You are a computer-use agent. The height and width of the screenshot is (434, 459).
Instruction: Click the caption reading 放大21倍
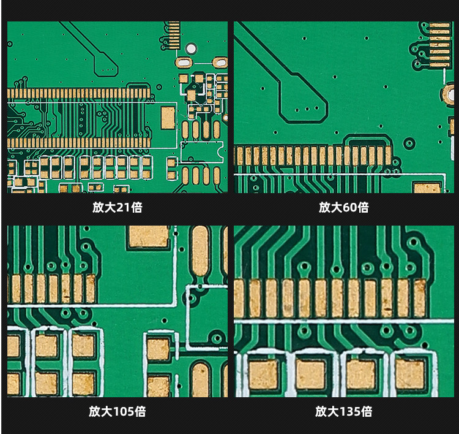click(118, 208)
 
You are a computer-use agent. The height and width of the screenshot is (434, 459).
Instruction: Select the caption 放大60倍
click(344, 208)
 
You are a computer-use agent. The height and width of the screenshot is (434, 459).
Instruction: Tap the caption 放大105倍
click(118, 411)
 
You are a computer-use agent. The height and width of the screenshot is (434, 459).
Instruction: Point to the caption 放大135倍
click(344, 411)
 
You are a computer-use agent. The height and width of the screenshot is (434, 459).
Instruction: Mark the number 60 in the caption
click(349, 208)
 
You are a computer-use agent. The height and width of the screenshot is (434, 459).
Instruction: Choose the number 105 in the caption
click(123, 411)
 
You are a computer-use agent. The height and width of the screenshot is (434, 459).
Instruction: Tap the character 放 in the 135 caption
click(321, 411)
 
